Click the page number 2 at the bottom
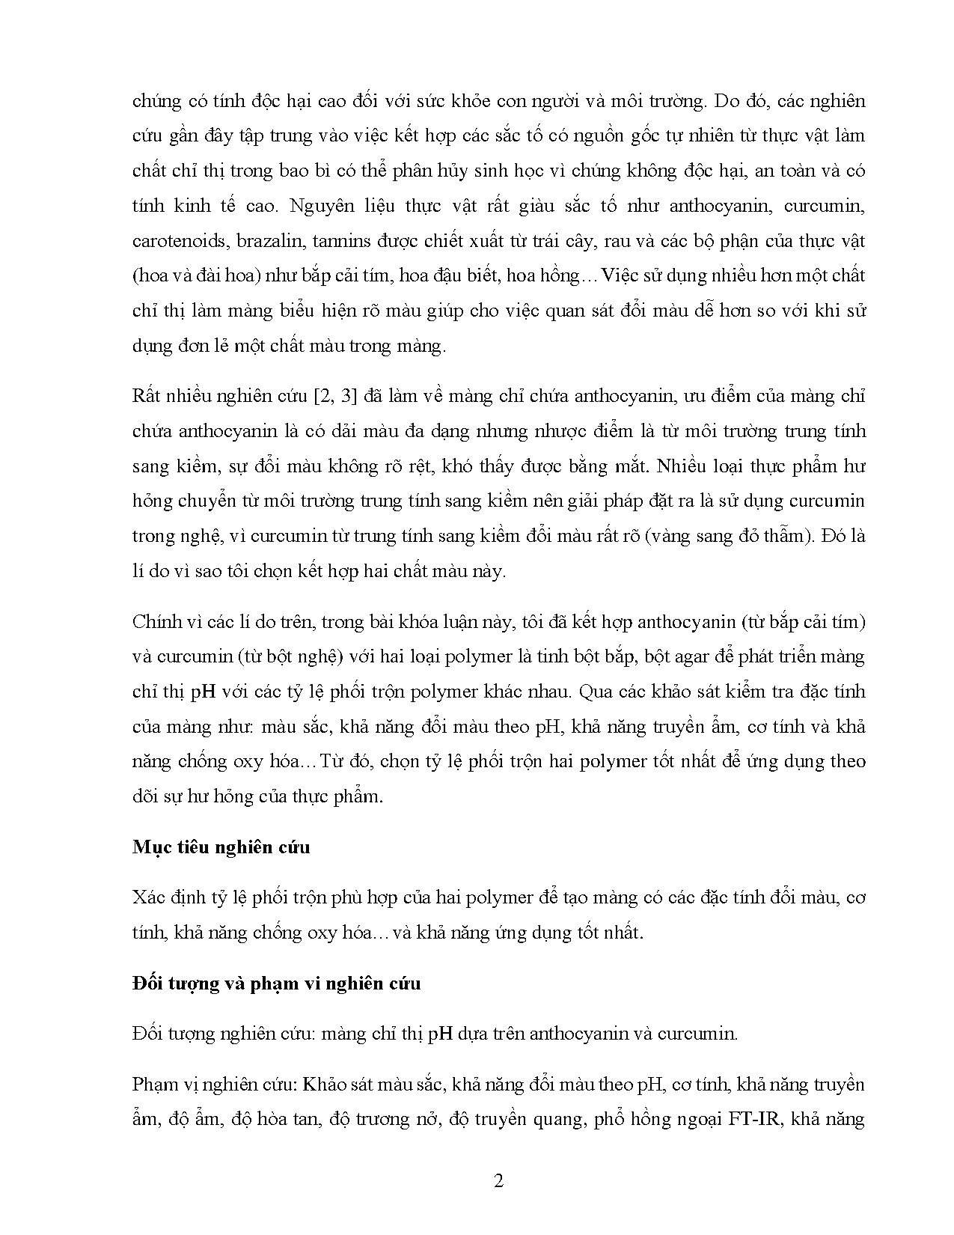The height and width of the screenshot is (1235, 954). point(499,1181)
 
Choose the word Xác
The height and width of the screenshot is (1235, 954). point(147,897)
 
